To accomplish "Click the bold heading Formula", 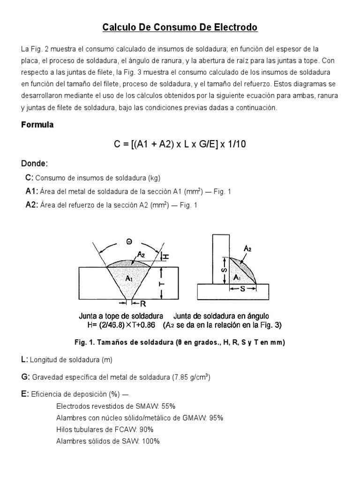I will click(x=37, y=125).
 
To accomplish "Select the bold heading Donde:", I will click(x=35, y=164).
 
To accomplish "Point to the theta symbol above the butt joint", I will click(x=129, y=241).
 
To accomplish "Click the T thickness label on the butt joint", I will click(x=163, y=283).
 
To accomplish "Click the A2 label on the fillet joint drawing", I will click(x=247, y=249).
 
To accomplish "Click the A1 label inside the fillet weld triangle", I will click(x=238, y=277).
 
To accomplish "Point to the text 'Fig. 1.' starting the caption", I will click(x=86, y=342).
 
